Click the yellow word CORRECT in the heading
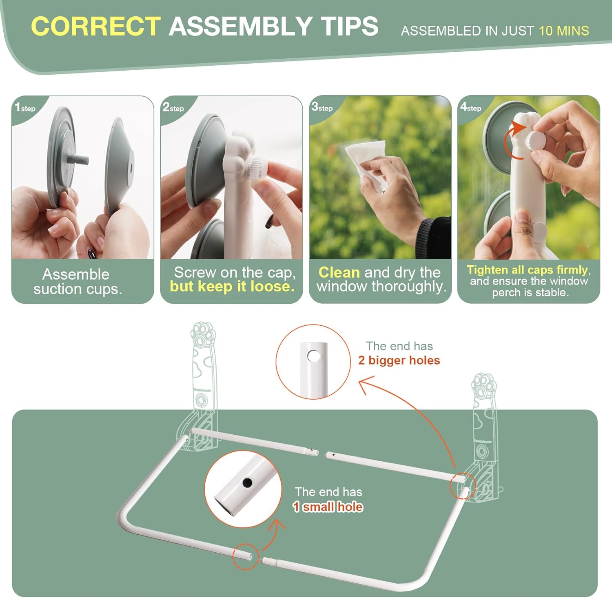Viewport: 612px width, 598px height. [95, 26]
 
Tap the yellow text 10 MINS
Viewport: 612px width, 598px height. [564, 31]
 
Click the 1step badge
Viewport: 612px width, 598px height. [25, 107]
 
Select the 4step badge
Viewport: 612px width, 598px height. [471, 107]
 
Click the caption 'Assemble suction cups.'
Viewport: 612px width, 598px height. [78, 281]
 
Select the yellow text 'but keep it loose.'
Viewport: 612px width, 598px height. [232, 287]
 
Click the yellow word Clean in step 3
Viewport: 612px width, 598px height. [339, 272]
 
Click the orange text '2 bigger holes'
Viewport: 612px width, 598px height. [399, 360]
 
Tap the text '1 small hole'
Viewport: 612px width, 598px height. [328, 507]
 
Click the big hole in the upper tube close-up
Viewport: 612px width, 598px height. [313, 356]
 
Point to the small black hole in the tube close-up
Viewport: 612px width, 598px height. [247, 483]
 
